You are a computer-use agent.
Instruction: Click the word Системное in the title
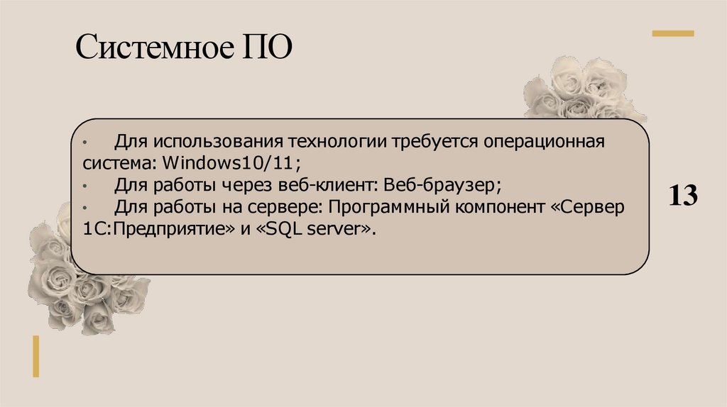[x=152, y=50]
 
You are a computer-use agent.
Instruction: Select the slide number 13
[x=682, y=195]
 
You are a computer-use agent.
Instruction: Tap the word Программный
[x=388, y=208]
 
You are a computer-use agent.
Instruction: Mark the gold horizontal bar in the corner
[x=673, y=33]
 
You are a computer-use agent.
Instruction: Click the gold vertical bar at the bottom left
[x=35, y=356]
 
